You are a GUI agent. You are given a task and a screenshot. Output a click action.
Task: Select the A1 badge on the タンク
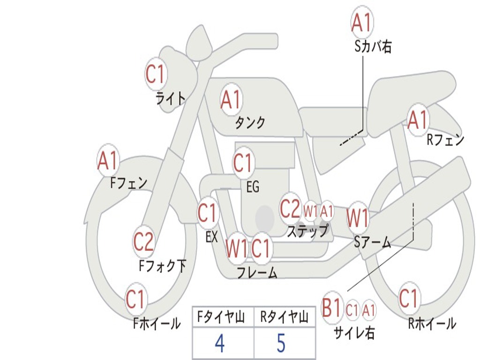pyautogui.click(x=231, y=99)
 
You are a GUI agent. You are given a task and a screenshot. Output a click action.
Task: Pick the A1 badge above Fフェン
pyautogui.click(x=108, y=161)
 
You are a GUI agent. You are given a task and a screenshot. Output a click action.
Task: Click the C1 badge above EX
pyautogui.click(x=208, y=213)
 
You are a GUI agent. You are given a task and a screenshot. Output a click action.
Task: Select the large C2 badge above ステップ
pyautogui.click(x=290, y=209)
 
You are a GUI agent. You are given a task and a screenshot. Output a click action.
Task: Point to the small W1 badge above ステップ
pyautogui.click(x=311, y=211)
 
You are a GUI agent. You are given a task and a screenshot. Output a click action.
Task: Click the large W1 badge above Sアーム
pyautogui.click(x=358, y=218)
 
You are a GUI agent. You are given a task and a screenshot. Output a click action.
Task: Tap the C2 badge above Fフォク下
pyautogui.click(x=143, y=242)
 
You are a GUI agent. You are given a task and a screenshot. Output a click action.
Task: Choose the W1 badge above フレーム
pyautogui.click(x=237, y=248)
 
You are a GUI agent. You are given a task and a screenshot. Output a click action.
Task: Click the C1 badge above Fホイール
pyautogui.click(x=135, y=299)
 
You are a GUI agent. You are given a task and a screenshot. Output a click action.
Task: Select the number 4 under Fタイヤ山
pyautogui.click(x=219, y=344)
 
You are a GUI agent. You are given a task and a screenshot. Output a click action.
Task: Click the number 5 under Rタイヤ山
pyautogui.click(x=281, y=344)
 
